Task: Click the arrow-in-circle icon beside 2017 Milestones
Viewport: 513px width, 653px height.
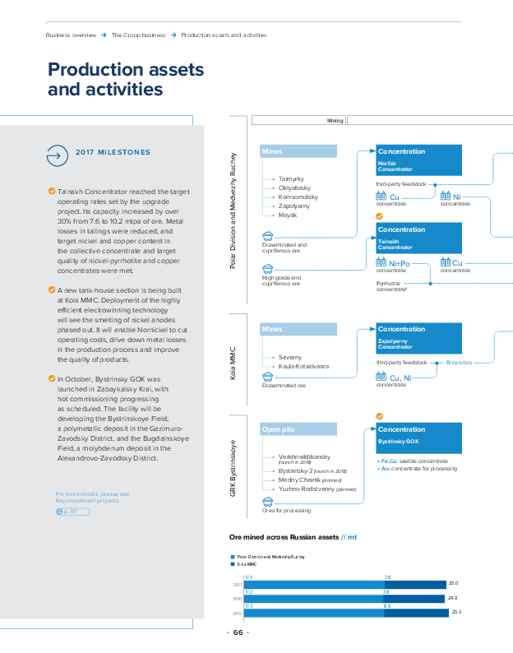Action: coord(56,153)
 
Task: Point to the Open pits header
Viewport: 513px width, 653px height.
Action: coord(298,429)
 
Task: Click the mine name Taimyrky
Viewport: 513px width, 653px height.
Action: coord(292,178)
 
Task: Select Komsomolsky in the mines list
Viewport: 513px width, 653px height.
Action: coord(298,197)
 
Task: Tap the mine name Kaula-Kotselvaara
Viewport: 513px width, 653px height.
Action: coord(303,366)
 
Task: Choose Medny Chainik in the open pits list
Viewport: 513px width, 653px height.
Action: coord(298,479)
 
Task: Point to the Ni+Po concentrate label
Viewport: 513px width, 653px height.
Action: coord(399,263)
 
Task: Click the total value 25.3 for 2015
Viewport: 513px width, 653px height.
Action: coord(457,612)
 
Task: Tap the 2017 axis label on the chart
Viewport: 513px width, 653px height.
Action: coord(237,585)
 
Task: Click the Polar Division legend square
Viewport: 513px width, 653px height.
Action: coord(233,557)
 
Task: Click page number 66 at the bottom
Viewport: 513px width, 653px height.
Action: coord(238,632)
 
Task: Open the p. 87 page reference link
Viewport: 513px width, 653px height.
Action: coord(69,512)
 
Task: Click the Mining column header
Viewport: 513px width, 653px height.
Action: coord(335,121)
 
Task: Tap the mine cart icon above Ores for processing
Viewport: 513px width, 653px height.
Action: coord(267,500)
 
